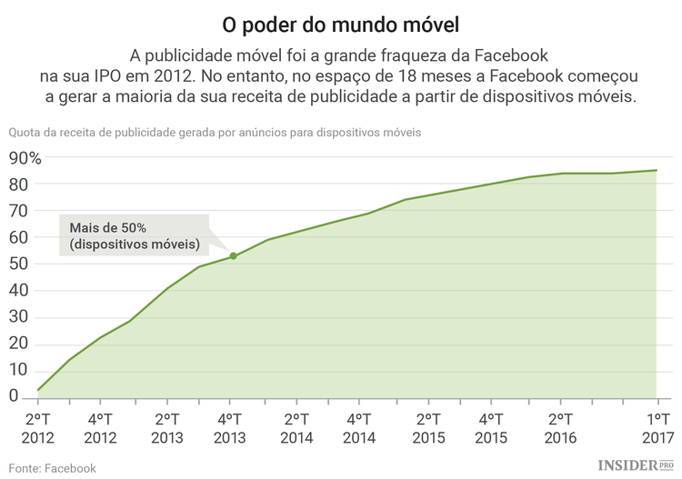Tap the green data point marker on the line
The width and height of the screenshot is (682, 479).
click(x=233, y=256)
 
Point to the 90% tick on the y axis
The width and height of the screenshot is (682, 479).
click(x=25, y=158)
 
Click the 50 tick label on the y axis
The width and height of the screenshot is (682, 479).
click(x=17, y=264)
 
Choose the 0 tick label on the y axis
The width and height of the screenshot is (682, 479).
click(x=14, y=396)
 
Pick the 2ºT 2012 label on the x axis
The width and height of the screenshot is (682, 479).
click(x=36, y=428)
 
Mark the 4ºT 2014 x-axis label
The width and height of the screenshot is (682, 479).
click(x=362, y=428)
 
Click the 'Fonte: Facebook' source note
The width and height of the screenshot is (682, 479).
click(x=52, y=468)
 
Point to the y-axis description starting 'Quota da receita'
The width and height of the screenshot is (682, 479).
click(x=215, y=133)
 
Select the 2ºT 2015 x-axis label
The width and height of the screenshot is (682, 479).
click(x=427, y=428)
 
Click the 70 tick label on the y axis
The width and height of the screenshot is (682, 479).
click(x=17, y=211)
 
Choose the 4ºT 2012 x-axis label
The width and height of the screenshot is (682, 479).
click(x=101, y=428)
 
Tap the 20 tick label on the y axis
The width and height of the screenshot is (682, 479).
click(x=17, y=344)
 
